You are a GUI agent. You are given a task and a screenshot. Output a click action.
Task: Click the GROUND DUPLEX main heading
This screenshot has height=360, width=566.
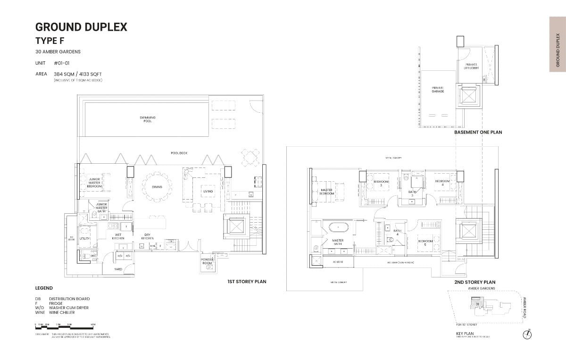(81, 27)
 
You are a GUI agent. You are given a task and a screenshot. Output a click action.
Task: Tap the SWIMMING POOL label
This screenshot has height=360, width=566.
(148, 119)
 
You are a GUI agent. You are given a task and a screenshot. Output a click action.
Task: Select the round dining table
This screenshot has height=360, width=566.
(157, 186)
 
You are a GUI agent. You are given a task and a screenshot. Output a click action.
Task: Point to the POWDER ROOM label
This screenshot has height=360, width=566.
(207, 261)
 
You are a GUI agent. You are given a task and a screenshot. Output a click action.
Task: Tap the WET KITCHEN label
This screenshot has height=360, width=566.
(118, 237)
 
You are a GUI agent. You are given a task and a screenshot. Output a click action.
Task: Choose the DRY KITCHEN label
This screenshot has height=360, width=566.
(148, 237)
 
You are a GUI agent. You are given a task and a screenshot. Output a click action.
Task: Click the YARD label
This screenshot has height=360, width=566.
(118, 269)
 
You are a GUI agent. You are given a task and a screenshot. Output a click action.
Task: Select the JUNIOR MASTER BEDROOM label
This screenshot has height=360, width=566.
(94, 183)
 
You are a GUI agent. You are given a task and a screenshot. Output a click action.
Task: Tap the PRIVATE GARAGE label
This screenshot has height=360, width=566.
(438, 89)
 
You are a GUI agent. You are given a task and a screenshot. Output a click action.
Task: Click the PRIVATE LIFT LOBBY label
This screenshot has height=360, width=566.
(472, 66)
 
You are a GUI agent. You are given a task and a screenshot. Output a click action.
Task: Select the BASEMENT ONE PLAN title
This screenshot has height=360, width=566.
(478, 133)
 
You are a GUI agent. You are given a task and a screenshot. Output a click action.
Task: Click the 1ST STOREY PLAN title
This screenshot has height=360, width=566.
(247, 282)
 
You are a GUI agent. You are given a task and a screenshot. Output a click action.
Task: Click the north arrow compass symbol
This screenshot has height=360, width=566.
(527, 335)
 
